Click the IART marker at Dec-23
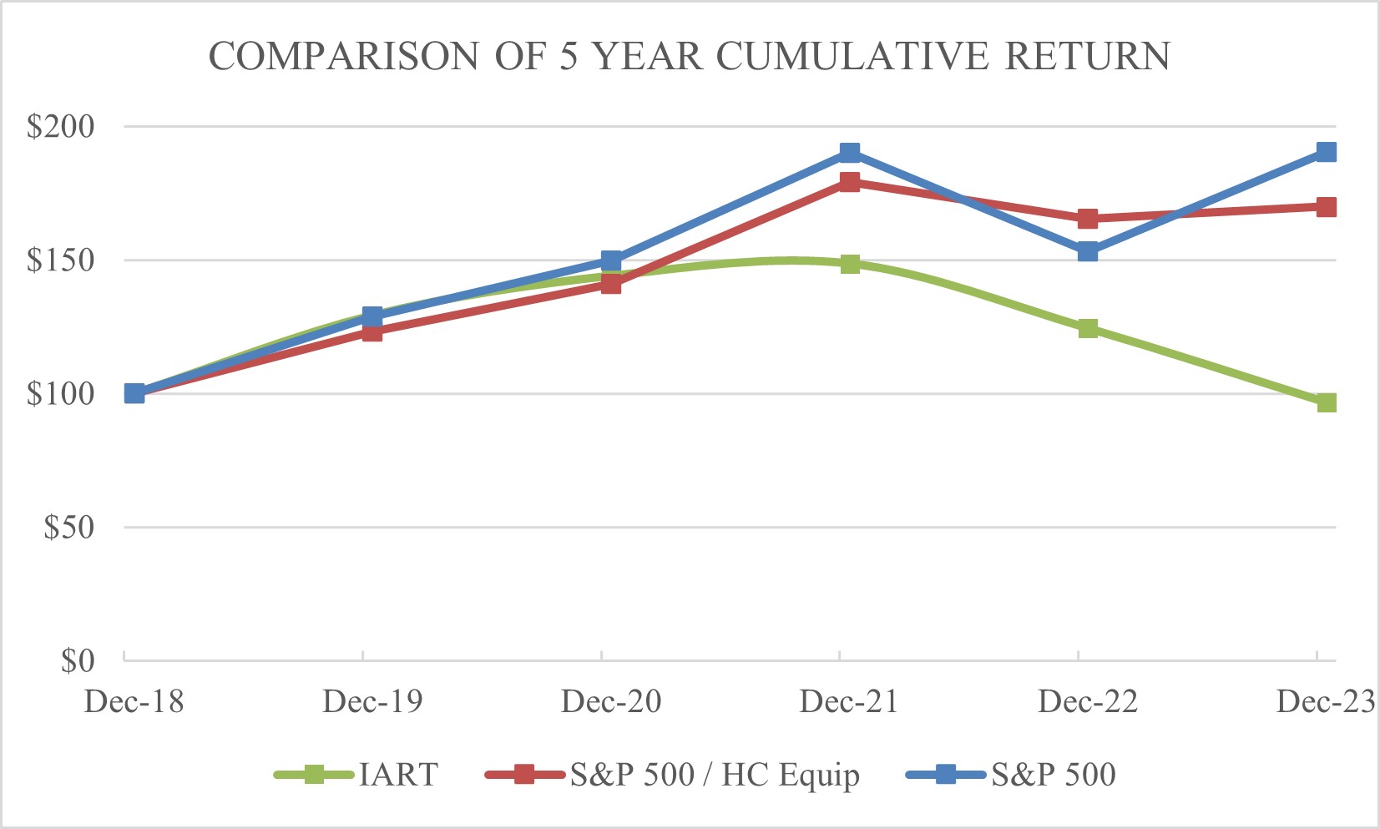(x=1326, y=402)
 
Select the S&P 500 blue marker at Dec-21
(x=850, y=153)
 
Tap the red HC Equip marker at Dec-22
(x=1087, y=219)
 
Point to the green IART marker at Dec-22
(x=1087, y=328)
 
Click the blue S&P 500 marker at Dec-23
(x=1326, y=152)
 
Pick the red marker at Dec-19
(x=372, y=332)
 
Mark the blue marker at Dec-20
(x=611, y=260)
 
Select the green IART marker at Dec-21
(x=850, y=264)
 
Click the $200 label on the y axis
(x=61, y=127)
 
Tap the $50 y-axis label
(x=68, y=528)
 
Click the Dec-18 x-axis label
(x=134, y=701)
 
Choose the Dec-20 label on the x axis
(x=611, y=701)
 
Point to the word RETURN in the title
(x=1087, y=56)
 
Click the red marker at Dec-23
(x=1326, y=207)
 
